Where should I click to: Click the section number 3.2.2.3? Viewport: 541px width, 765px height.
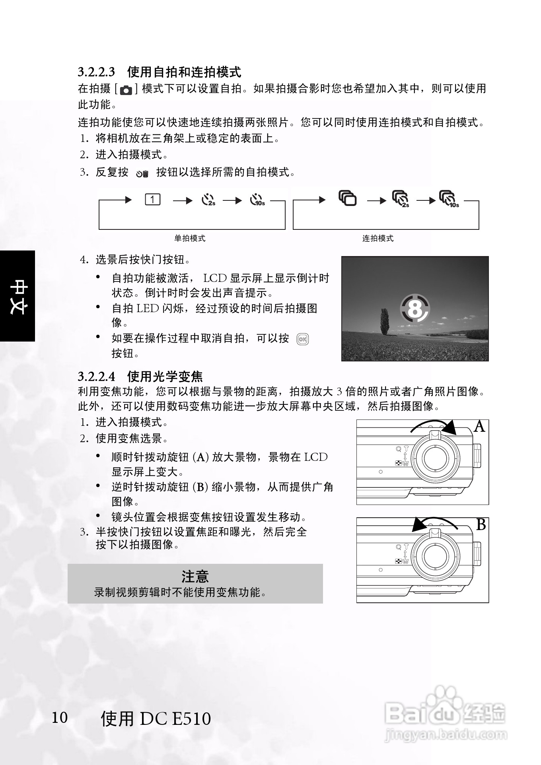click(96, 72)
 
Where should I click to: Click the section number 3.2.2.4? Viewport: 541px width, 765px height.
click(96, 376)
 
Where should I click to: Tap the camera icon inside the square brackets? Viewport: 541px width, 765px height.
click(126, 90)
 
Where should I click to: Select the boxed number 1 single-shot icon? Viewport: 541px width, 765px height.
click(153, 199)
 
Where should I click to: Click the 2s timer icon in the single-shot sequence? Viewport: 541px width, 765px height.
click(208, 200)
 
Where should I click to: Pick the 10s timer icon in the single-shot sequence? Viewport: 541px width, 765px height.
click(257, 200)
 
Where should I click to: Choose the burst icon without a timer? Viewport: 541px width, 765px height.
click(347, 198)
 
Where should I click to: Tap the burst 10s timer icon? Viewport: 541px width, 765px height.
click(448, 199)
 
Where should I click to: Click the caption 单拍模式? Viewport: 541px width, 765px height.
click(190, 239)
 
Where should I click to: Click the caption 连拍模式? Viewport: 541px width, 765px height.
click(378, 239)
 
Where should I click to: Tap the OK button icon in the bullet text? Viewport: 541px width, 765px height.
click(302, 339)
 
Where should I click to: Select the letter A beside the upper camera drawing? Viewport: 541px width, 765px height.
click(480, 427)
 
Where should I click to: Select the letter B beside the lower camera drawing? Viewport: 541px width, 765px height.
click(481, 525)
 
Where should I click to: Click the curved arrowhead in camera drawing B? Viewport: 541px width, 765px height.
click(419, 525)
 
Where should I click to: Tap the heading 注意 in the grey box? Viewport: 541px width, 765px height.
click(195, 576)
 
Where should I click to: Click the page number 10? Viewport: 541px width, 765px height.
click(60, 718)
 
